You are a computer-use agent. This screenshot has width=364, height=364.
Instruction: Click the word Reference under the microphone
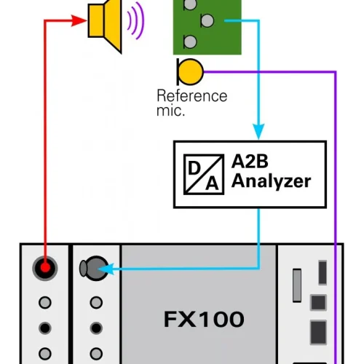[192, 96]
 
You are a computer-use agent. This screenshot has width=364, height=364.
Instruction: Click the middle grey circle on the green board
[206, 20]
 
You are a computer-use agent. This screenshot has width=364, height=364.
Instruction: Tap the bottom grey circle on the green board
[189, 41]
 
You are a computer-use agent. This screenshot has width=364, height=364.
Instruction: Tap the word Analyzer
[271, 181]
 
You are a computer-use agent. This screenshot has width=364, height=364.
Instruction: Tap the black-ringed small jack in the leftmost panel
[45, 328]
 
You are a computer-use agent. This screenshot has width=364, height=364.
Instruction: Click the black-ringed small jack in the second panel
[94, 328]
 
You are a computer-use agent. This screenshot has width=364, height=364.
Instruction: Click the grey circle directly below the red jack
[45, 302]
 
